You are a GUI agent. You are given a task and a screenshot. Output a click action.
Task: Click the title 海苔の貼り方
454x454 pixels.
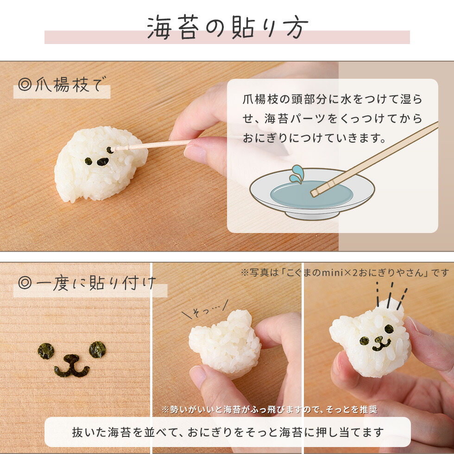(x=227, y=29)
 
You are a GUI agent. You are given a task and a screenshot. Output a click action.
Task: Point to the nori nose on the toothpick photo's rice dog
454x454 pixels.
(x=102, y=162)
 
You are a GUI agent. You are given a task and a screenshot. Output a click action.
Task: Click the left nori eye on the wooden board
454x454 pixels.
(x=46, y=351)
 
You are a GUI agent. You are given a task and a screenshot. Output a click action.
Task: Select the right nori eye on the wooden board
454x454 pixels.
(x=97, y=349)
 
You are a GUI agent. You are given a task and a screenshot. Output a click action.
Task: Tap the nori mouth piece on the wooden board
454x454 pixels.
(x=71, y=366)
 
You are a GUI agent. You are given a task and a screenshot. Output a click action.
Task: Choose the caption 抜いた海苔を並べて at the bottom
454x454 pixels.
(x=227, y=432)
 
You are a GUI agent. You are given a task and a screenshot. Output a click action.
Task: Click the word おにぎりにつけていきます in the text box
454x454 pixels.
(x=315, y=138)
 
